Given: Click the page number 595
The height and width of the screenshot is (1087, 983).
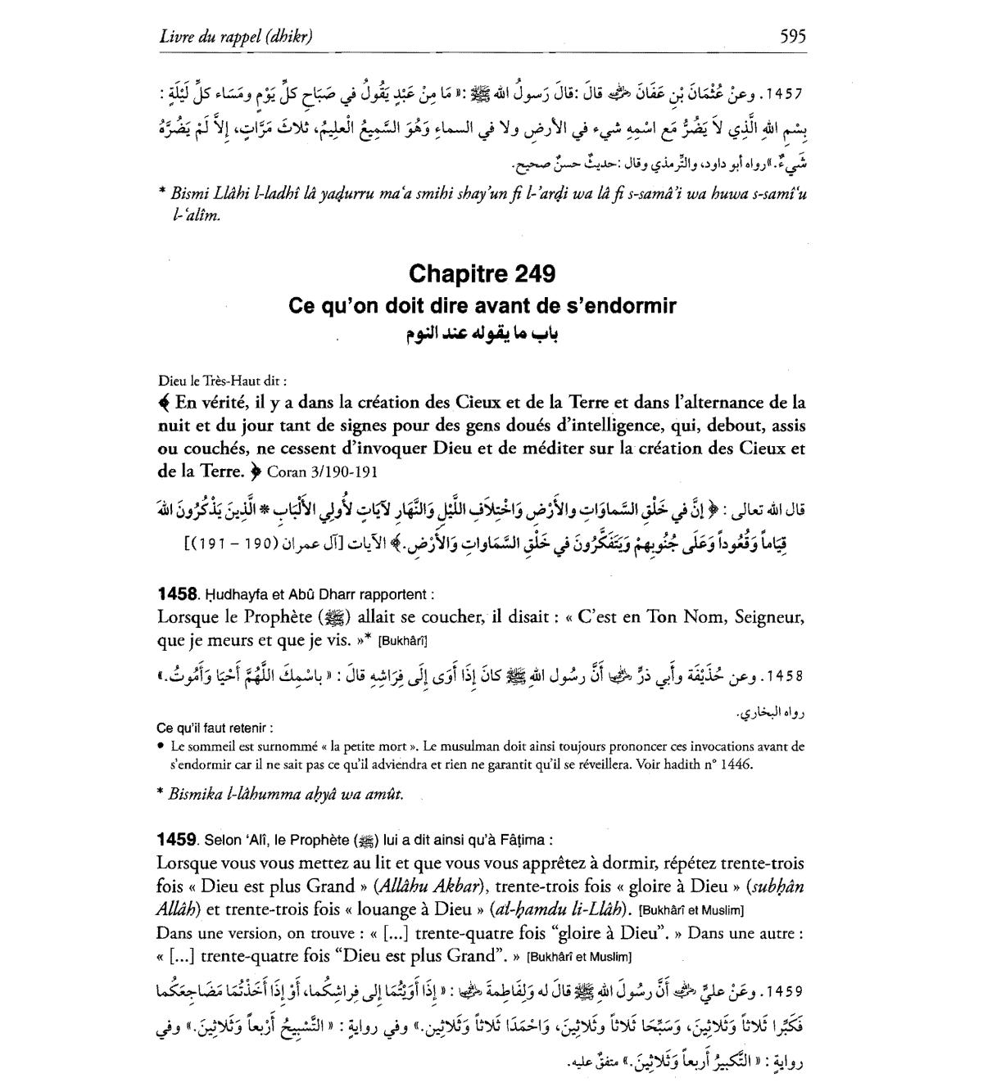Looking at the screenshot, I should click(792, 35).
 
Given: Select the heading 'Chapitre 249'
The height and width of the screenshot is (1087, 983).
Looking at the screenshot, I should click(482, 273).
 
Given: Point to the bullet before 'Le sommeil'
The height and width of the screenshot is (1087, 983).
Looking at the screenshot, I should click(162, 746).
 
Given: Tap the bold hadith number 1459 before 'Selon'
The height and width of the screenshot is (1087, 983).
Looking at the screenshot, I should click(176, 840).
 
